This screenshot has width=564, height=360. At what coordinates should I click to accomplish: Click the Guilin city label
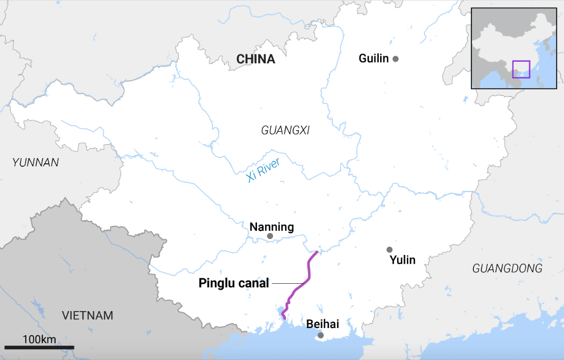(x=373, y=59)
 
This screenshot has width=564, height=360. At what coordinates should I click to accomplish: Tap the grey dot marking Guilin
(x=396, y=59)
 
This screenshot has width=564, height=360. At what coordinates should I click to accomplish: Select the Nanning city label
(x=271, y=227)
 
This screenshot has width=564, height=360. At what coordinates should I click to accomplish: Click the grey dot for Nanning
(x=270, y=236)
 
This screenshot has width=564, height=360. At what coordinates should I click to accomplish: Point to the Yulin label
(x=403, y=260)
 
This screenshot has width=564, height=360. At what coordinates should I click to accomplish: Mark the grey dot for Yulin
(x=389, y=250)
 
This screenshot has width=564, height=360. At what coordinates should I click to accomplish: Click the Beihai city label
(x=322, y=324)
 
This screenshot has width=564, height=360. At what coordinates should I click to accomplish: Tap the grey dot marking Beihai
(x=320, y=335)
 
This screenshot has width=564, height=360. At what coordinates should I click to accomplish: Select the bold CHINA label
(x=255, y=59)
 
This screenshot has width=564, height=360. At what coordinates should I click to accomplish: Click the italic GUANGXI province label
(x=285, y=131)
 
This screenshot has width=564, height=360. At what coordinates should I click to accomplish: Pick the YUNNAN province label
(x=36, y=163)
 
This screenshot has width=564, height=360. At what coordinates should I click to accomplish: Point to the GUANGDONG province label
(x=507, y=268)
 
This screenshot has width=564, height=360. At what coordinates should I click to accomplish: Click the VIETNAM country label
(x=87, y=315)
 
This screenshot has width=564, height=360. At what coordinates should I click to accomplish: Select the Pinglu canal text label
(x=234, y=283)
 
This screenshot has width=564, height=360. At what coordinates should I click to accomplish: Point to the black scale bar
(x=39, y=348)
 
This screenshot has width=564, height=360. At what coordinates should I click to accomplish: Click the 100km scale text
(x=39, y=339)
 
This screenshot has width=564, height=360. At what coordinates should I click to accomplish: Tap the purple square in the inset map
(x=521, y=69)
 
